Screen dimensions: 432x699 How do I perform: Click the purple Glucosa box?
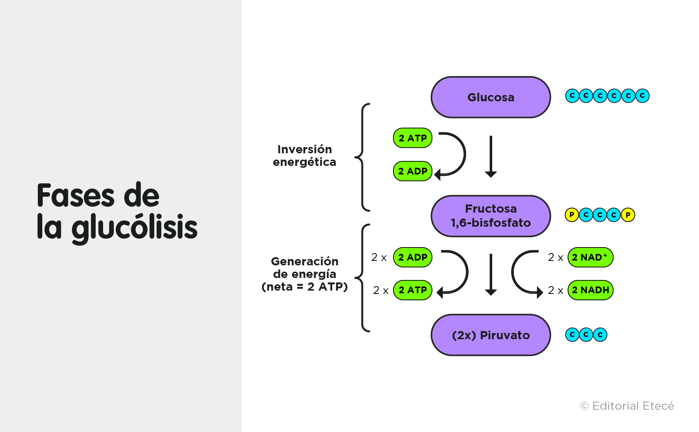coord(491,97)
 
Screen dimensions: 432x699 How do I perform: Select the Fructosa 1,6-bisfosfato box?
coord(491,216)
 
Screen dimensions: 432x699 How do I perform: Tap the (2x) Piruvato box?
coord(491,335)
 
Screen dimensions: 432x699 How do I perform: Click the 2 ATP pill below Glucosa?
coord(412,138)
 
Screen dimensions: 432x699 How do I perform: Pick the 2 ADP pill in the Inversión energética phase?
coord(412,171)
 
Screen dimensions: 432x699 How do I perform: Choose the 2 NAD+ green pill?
coord(590,257)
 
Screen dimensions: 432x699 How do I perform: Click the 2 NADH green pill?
coord(590,290)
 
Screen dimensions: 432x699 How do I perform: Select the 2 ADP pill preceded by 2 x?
coord(412,257)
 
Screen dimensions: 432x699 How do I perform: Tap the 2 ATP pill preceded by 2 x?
coord(412,290)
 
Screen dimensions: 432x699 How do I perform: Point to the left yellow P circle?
coord(571,215)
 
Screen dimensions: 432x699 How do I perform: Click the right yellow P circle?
coord(628,215)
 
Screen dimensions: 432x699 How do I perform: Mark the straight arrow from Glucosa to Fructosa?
coord(491,156)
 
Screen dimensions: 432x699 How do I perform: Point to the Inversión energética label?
coord(304,156)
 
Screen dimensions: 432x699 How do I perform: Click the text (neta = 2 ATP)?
coord(304,287)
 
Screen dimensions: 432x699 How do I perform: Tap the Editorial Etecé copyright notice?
coord(627,406)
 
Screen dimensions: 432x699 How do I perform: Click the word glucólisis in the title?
coord(134,228)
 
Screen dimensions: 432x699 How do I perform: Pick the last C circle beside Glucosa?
coord(642,96)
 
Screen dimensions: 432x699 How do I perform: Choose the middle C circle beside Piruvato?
coord(586,335)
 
